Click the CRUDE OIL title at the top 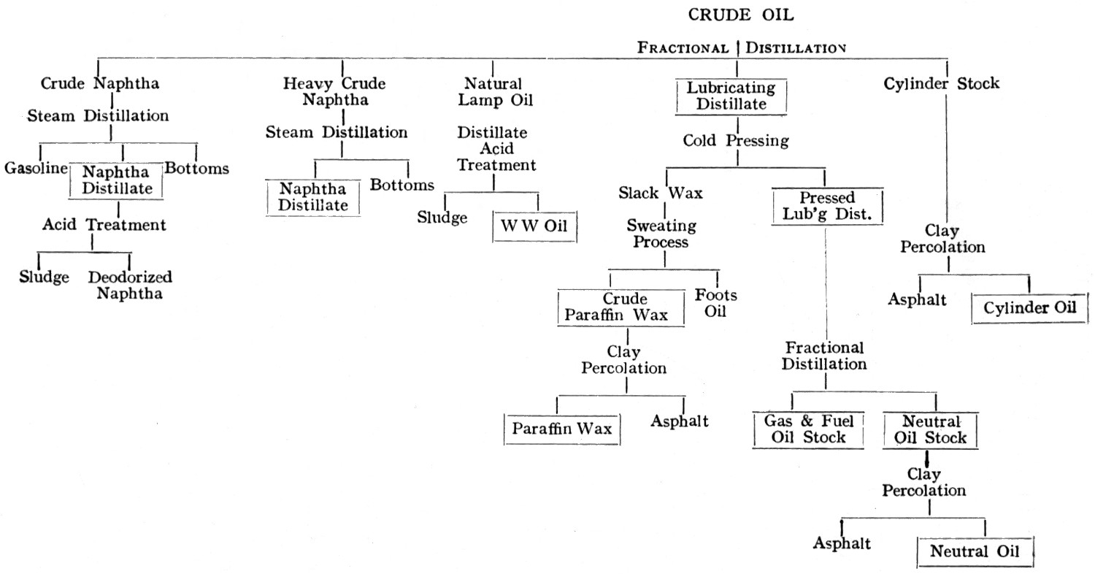[x=741, y=15]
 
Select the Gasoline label [x=36, y=169]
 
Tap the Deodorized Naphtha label [x=130, y=286]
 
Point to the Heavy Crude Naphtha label [x=335, y=91]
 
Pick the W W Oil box [x=534, y=226]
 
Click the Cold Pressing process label [x=736, y=141]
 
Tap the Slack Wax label [x=661, y=194]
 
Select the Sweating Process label [x=661, y=234]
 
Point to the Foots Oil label [x=715, y=303]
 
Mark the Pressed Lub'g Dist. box [x=827, y=206]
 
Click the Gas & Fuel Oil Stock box [x=808, y=429]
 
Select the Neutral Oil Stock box [x=930, y=429]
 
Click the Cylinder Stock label [x=941, y=83]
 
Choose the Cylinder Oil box [x=1029, y=308]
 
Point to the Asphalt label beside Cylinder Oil [x=918, y=299]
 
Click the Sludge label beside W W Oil [x=442, y=218]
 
